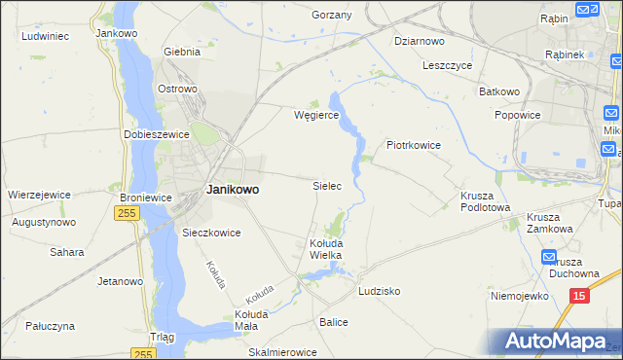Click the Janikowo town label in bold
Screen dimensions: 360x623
coord(233,191)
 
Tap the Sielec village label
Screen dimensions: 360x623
coord(326,185)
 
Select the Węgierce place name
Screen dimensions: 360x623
coord(316,115)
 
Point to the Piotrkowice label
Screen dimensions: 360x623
coord(414,145)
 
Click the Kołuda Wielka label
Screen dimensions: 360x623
coord(326,248)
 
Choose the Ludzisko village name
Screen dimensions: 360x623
coord(380,291)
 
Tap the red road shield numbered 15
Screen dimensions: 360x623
coord(579,295)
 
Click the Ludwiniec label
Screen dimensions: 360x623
coord(44,36)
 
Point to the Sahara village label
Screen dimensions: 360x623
coord(67,252)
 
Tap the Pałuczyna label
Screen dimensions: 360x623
coord(52,327)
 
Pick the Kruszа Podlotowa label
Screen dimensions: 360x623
coord(485,200)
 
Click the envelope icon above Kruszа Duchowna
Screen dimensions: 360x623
coord(547,256)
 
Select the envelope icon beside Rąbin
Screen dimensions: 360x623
coord(586,11)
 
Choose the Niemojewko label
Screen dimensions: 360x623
coord(516,296)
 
